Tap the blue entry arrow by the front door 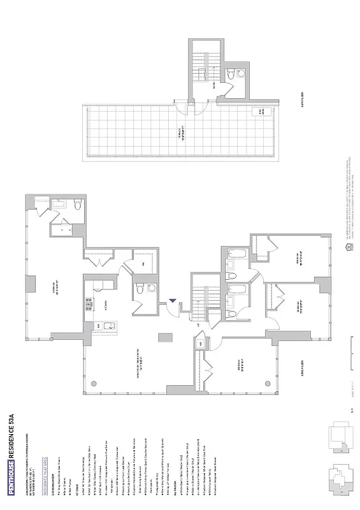point(173,302)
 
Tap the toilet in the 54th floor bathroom point(241,74)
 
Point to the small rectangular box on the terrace point(260,112)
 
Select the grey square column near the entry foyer point(164,338)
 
